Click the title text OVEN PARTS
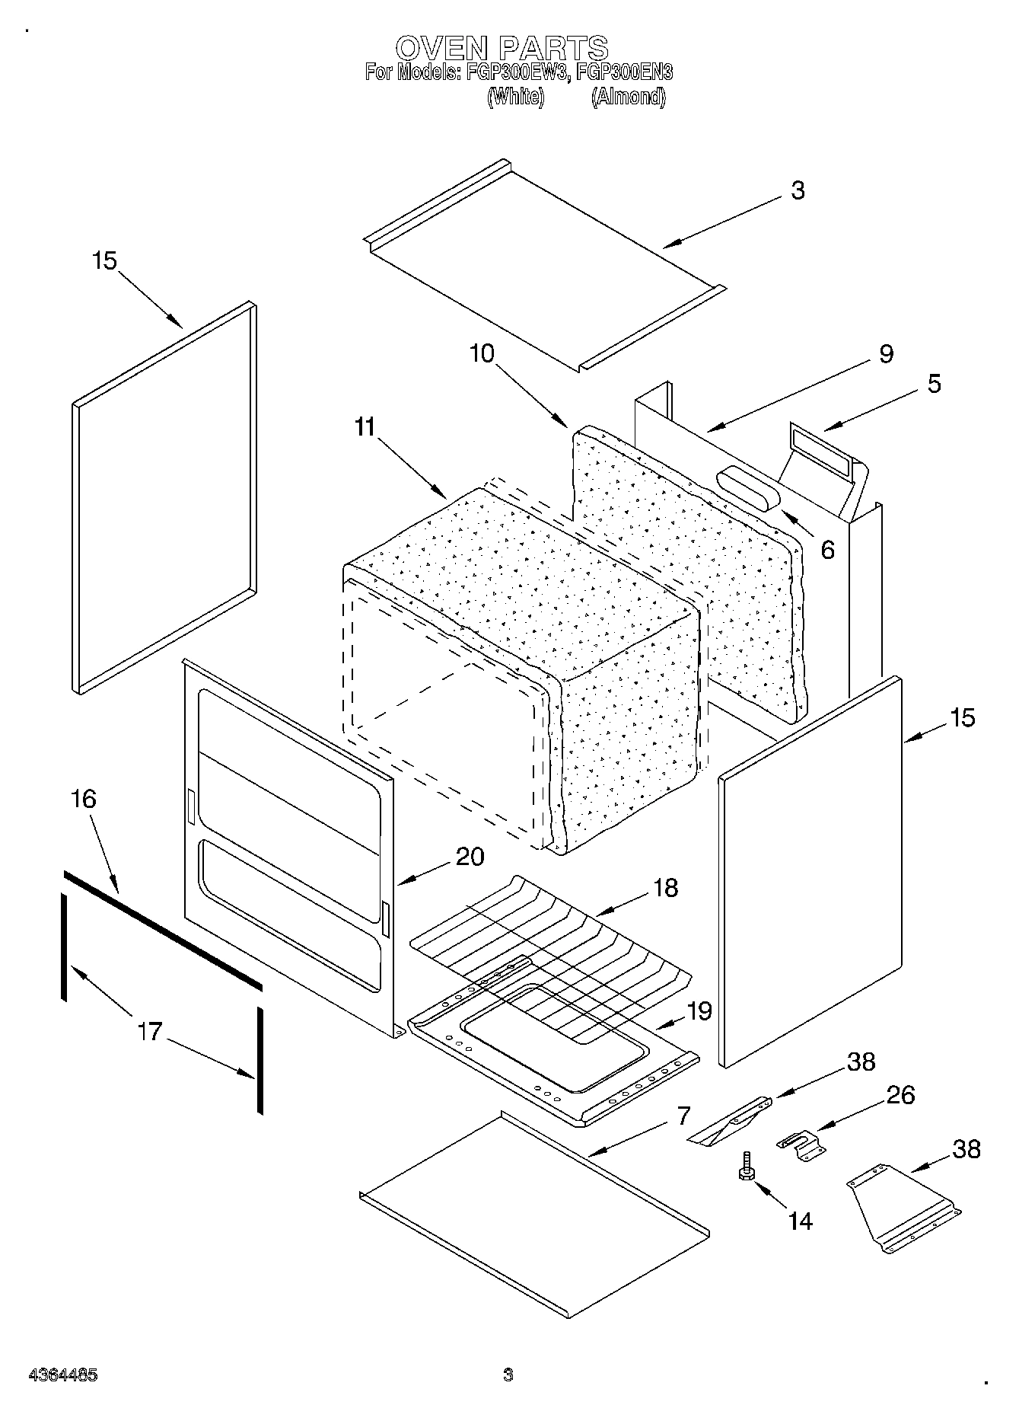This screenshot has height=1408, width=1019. click(502, 48)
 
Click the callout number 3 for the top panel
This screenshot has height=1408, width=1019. click(797, 190)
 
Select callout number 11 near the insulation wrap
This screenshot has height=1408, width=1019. click(365, 427)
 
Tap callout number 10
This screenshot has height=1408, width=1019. click(482, 353)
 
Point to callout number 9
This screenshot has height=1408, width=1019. click(886, 353)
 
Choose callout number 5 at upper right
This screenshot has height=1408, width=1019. click(934, 383)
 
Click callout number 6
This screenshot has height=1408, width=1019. click(827, 549)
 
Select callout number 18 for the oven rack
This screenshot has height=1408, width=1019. click(665, 887)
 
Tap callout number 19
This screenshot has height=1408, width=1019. click(699, 1011)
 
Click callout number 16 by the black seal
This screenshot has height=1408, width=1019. click(84, 799)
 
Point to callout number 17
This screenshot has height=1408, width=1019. click(150, 1032)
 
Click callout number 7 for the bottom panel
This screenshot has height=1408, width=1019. click(683, 1116)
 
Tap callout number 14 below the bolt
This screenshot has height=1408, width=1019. click(800, 1221)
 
